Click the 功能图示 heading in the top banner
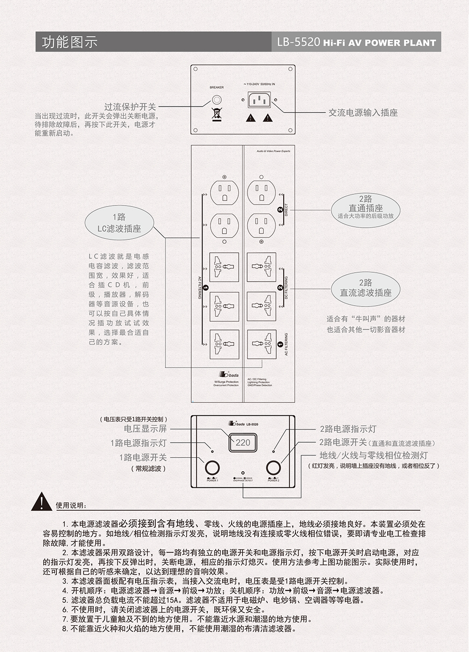click(x=69, y=42)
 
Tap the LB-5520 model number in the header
click(x=298, y=42)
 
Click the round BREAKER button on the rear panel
click(x=217, y=100)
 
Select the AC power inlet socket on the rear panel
click(x=259, y=100)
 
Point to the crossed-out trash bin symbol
click(x=216, y=114)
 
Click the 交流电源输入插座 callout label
click(x=363, y=113)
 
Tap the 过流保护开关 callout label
click(x=130, y=107)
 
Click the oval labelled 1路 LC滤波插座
click(x=119, y=223)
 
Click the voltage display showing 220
click(x=243, y=442)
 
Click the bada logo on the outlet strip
click(x=229, y=375)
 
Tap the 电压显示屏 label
click(x=145, y=429)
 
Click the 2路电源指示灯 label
click(x=348, y=429)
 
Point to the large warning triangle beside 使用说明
click(x=42, y=502)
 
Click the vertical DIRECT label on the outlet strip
click(x=286, y=210)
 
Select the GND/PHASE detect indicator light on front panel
click(x=242, y=473)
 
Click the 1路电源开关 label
click(x=143, y=457)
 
